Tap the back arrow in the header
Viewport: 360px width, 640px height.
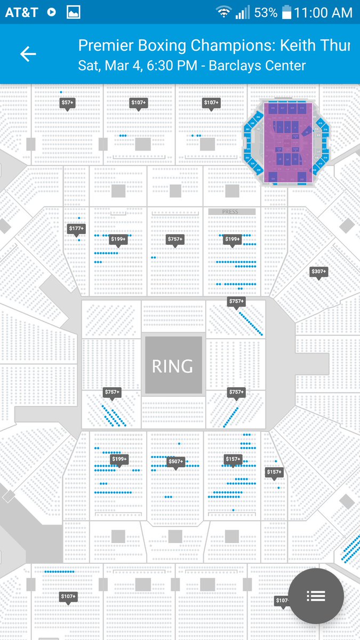(x=28, y=54)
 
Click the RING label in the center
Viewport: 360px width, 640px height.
(x=172, y=366)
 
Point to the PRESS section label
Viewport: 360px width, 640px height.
(x=230, y=212)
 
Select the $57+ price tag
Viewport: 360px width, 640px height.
(x=67, y=103)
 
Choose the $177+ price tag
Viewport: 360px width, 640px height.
(x=77, y=229)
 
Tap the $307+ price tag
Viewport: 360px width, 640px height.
(x=318, y=272)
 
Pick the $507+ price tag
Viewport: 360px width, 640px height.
(x=175, y=461)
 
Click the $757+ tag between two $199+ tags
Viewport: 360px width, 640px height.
(x=175, y=239)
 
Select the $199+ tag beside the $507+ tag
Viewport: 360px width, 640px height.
(x=119, y=459)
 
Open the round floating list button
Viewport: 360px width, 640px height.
(x=316, y=596)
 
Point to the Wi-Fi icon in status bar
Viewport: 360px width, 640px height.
(x=223, y=12)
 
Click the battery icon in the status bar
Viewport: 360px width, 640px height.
(x=287, y=12)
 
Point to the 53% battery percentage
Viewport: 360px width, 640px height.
(x=266, y=12)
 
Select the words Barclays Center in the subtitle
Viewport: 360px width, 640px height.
(x=258, y=66)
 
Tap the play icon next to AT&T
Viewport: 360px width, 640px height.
(x=52, y=12)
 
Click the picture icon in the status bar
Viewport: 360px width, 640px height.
(x=73, y=12)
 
